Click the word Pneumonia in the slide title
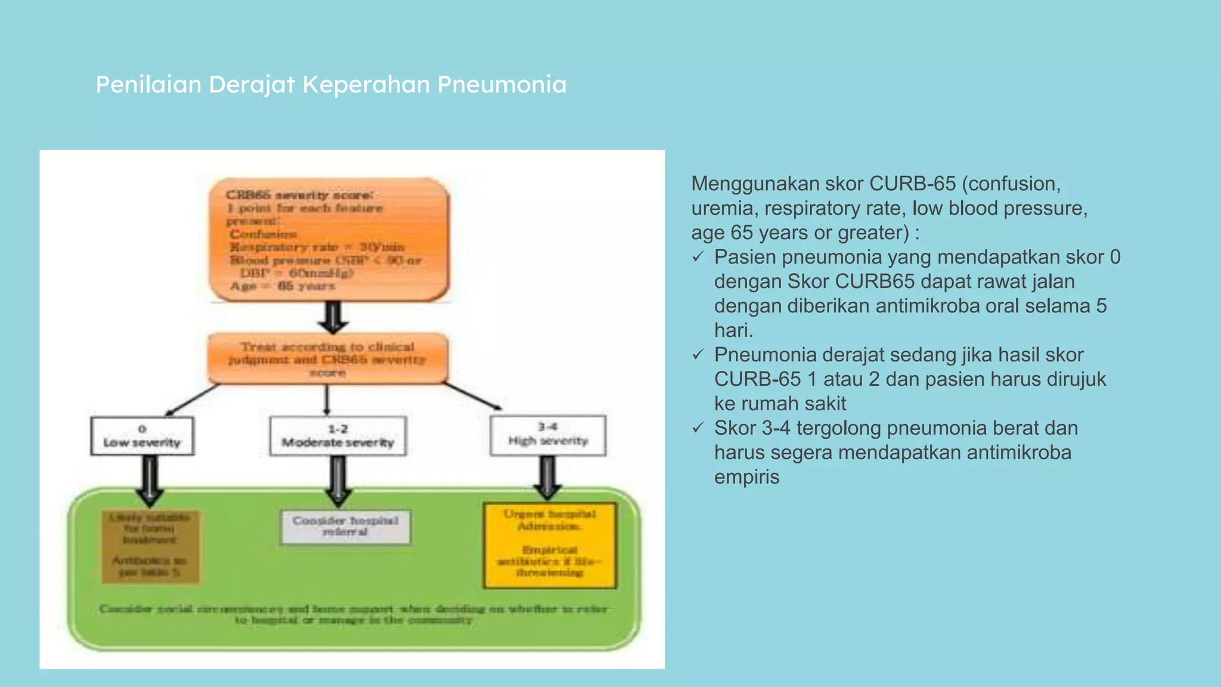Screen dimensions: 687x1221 pos(501,85)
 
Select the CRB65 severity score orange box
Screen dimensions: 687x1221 pos(329,240)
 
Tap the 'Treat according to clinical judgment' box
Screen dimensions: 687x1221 pos(327,358)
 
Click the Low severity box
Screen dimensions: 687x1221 pos(142,436)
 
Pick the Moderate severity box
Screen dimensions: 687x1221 pos(337,436)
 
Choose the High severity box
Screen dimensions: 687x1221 pos(548,435)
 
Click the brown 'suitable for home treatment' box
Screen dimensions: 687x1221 pos(150,546)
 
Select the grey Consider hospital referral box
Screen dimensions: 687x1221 pos(345,527)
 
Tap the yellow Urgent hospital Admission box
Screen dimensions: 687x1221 pos(549,544)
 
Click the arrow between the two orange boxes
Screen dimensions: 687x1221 pos(333,317)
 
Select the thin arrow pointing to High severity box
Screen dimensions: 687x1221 pos(474,396)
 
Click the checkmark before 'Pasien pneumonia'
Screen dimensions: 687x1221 pos(698,257)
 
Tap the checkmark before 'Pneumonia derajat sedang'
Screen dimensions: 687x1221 pos(698,355)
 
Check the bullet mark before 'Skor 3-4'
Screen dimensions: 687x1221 pos(698,428)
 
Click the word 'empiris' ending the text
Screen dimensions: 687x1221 pos(746,477)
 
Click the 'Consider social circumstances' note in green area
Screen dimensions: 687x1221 pos(354,614)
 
